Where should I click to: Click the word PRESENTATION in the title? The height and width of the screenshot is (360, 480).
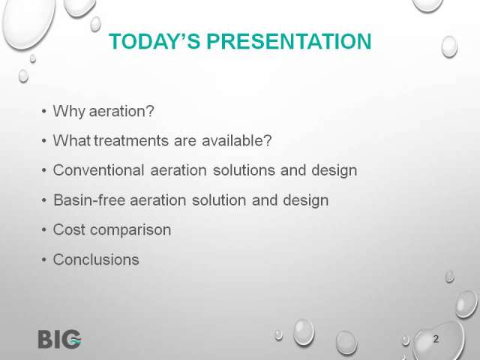pyautogui.click(x=289, y=41)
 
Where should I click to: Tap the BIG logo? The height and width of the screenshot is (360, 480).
pyautogui.click(x=60, y=339)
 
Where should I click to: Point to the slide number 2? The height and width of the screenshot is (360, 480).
pyautogui.click(x=436, y=339)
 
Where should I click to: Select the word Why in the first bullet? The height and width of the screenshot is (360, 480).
pyautogui.click(x=69, y=112)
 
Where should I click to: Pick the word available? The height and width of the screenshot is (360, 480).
pyautogui.click(x=237, y=141)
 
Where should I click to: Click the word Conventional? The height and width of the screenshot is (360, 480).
pyautogui.click(x=98, y=170)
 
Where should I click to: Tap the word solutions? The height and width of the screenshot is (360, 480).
pyautogui.click(x=244, y=170)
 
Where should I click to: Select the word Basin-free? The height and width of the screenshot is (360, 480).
pyautogui.click(x=89, y=200)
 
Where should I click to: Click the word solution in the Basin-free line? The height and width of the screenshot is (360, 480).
pyautogui.click(x=219, y=200)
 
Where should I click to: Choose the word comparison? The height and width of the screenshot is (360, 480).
pyautogui.click(x=130, y=230)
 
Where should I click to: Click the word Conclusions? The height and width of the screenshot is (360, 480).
pyautogui.click(x=96, y=259)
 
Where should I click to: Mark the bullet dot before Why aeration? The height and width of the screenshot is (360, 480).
pyautogui.click(x=44, y=112)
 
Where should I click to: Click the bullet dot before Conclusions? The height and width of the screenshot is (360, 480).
pyautogui.click(x=44, y=260)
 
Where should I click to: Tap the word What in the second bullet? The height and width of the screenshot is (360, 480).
pyautogui.click(x=72, y=141)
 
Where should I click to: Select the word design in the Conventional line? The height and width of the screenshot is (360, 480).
pyautogui.click(x=334, y=171)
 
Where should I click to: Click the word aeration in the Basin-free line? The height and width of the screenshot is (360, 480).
pyautogui.click(x=158, y=200)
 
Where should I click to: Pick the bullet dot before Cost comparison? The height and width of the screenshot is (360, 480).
pyautogui.click(x=44, y=230)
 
